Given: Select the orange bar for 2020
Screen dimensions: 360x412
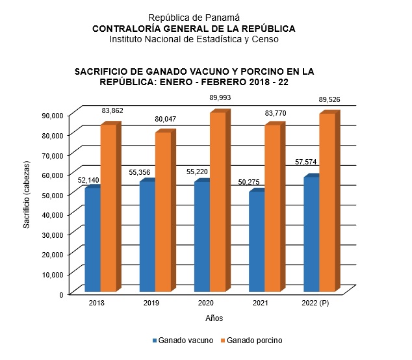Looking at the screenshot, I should [x=217, y=201].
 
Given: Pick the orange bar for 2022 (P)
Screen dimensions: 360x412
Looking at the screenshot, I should [x=327, y=201].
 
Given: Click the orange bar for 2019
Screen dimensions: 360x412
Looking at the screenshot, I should [x=162, y=211].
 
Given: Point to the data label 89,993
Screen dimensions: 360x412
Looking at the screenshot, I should [x=220, y=97].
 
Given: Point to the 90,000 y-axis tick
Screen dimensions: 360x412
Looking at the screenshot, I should [x=51, y=115].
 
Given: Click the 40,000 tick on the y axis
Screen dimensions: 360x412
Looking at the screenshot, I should [x=51, y=214].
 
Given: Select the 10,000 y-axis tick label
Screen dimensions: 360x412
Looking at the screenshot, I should [x=51, y=274].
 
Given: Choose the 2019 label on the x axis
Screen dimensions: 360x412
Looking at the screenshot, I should [x=152, y=303].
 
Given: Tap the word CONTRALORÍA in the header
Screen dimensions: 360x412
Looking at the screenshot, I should [x=128, y=29].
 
